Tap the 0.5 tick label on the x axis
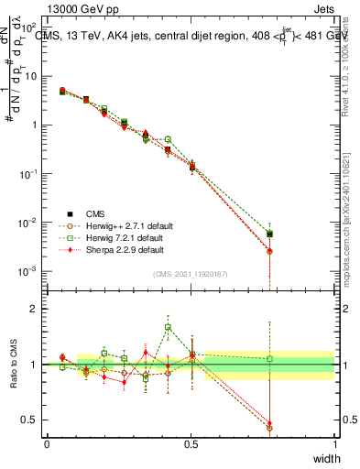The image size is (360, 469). (x=191, y=443)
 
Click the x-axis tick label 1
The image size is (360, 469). (x=334, y=443)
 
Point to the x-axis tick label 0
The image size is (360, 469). (x=47, y=443)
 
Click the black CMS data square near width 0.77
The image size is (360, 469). (x=269, y=234)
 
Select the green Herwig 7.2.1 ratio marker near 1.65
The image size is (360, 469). (x=168, y=327)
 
